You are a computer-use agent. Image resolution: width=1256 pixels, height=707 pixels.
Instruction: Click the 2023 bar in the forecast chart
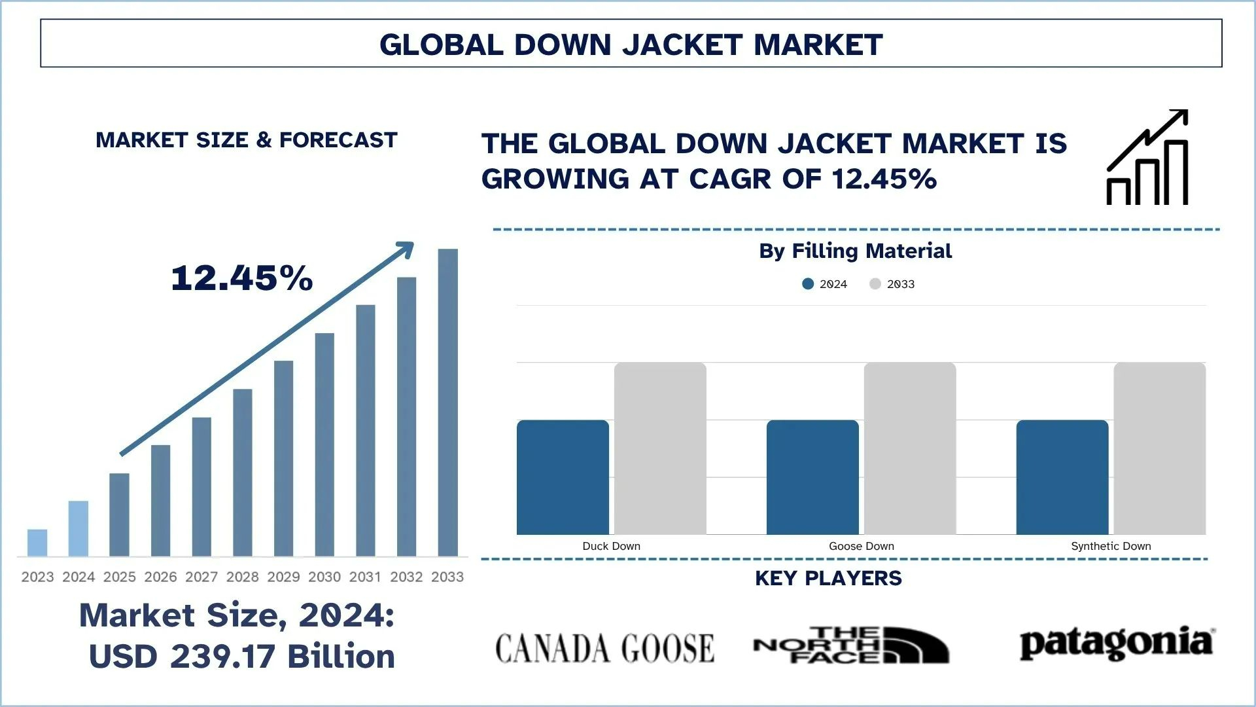click(37, 543)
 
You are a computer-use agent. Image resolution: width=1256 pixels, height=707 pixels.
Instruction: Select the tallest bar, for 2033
click(447, 403)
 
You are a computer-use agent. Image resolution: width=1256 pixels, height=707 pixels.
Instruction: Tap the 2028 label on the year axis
click(243, 577)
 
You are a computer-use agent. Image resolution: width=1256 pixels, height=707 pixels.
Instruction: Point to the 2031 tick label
click(365, 577)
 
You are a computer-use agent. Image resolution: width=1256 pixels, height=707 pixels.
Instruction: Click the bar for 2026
click(160, 501)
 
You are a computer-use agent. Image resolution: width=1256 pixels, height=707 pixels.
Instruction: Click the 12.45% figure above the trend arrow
click(241, 278)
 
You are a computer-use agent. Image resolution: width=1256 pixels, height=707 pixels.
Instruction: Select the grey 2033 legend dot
click(875, 284)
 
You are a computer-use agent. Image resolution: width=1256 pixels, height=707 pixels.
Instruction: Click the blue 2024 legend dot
click(808, 284)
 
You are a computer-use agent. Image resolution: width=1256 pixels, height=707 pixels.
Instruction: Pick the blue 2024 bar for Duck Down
click(563, 477)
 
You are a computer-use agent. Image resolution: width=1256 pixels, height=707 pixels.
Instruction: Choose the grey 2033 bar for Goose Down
click(909, 448)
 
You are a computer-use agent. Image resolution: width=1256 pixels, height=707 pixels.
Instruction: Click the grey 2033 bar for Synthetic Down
click(1159, 448)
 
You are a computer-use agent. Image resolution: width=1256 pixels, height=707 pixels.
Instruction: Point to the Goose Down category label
click(861, 546)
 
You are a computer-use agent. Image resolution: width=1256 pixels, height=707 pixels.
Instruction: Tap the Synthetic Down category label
click(1111, 546)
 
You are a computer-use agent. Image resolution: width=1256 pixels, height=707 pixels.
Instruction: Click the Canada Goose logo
click(604, 648)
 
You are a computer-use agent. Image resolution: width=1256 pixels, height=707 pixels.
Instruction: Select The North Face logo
click(850, 645)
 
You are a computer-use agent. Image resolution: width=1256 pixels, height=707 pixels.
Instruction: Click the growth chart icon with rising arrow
click(1147, 158)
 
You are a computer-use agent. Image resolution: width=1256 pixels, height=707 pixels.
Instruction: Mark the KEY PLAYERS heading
click(828, 578)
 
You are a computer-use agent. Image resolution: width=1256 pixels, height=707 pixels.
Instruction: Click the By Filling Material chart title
click(855, 251)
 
